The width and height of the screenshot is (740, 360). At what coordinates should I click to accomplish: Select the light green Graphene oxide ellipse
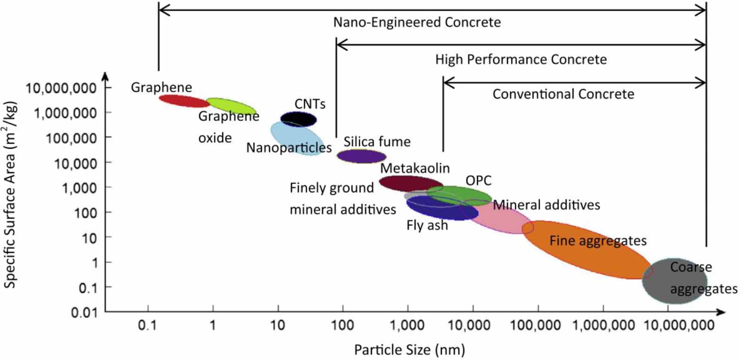click(x=231, y=106)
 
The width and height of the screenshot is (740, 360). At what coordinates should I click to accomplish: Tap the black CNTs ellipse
click(x=298, y=119)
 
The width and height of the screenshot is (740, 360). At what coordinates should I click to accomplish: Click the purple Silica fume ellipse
click(x=361, y=156)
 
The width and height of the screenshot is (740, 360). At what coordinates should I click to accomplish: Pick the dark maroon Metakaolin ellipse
click(x=410, y=183)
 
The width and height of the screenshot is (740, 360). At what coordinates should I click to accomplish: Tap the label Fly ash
click(x=427, y=225)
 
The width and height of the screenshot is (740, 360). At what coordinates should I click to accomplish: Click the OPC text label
click(x=478, y=181)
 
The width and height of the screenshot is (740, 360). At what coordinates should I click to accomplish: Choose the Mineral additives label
click(x=546, y=205)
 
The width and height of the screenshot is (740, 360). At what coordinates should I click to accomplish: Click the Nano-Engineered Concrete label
click(x=417, y=22)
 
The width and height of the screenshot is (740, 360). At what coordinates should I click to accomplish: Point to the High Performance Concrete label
click(x=521, y=59)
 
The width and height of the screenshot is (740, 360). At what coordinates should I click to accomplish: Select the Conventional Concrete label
click(x=563, y=94)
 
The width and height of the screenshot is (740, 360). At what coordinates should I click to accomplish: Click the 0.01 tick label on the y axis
click(x=84, y=312)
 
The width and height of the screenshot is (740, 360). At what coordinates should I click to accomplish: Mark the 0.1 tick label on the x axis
click(x=147, y=325)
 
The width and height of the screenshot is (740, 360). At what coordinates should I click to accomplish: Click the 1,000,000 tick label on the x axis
click(x=603, y=325)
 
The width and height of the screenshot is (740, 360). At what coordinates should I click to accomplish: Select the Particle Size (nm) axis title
click(x=409, y=350)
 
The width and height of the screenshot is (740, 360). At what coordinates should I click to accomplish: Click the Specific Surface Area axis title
click(x=10, y=194)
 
